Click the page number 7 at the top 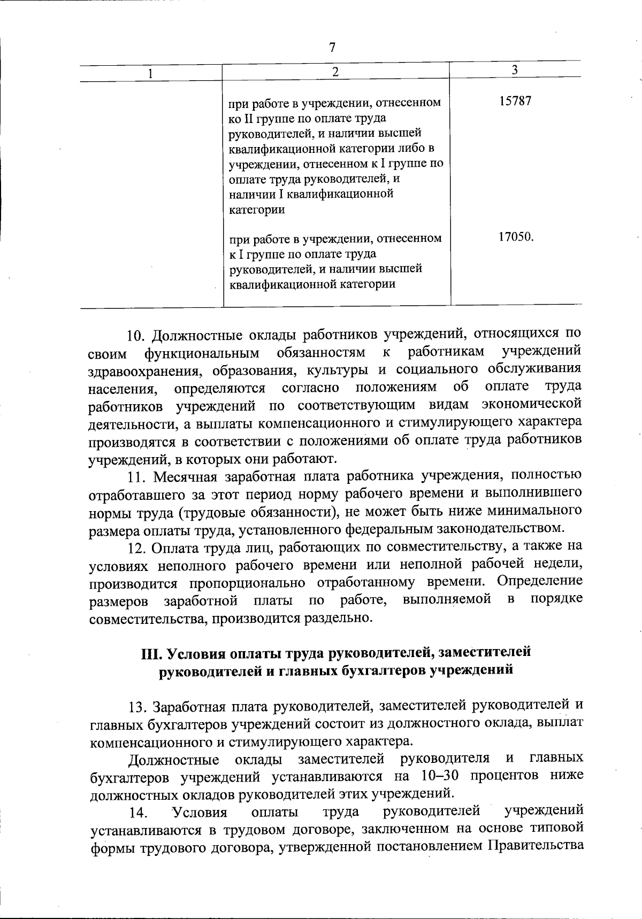point(332,48)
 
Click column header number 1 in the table point(151,73)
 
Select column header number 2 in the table point(335,72)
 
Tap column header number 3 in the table point(514,69)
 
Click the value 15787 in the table point(515,102)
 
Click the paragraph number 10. point(136,336)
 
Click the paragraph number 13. point(137,707)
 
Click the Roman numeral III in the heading point(151,653)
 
